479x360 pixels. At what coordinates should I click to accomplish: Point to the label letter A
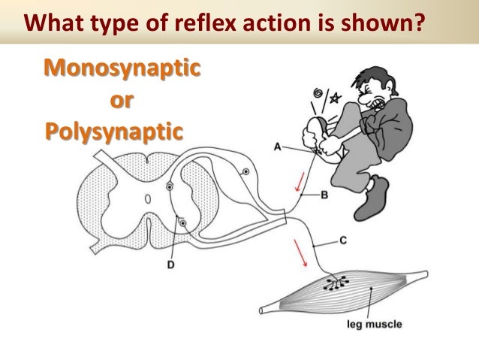[277, 148]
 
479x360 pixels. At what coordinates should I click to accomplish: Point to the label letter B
[324, 195]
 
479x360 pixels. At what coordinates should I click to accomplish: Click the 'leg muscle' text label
[374, 325]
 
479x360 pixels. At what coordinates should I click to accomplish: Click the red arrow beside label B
[300, 179]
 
